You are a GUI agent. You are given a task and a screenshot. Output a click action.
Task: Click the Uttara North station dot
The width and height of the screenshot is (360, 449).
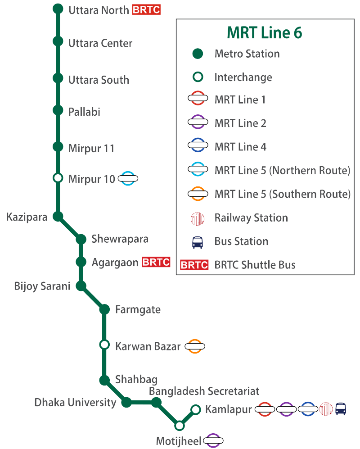pyautogui.click(x=58, y=9)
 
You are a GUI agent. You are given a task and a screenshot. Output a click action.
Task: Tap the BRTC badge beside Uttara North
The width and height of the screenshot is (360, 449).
pyautogui.click(x=146, y=9)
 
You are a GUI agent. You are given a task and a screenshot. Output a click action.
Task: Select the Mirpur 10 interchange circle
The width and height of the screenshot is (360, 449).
pyautogui.click(x=58, y=178)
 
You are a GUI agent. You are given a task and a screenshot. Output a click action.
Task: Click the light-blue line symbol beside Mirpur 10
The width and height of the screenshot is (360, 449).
pyautogui.click(x=128, y=179)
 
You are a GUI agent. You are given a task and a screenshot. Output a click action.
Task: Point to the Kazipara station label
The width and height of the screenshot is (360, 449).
pyautogui.click(x=27, y=217)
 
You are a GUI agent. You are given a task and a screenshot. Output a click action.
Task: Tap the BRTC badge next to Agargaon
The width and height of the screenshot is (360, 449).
pyautogui.click(x=156, y=262)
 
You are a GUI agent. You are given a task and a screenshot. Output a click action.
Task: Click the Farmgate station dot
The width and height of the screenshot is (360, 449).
pyautogui.click(x=104, y=309)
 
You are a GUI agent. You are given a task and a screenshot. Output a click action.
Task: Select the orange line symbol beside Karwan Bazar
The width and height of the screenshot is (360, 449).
pyautogui.click(x=195, y=346)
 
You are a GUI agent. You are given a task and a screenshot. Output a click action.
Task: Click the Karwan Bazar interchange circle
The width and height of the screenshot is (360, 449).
pyautogui.click(x=104, y=345)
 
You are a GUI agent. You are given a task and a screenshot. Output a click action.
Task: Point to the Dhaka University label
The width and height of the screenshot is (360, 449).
pyautogui.click(x=75, y=402)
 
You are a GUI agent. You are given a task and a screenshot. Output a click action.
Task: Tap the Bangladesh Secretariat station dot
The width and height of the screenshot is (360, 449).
pyautogui.click(x=156, y=402)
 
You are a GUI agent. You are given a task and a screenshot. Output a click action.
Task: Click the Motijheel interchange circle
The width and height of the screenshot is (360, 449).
pyautogui.click(x=180, y=425)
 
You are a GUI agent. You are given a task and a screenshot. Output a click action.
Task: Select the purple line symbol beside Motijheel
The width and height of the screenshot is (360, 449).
pyautogui.click(x=214, y=440)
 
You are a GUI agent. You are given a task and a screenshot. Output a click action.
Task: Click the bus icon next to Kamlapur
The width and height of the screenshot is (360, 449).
pyautogui.click(x=341, y=409)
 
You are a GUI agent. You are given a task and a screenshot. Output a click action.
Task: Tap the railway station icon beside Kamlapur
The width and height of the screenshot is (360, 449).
pyautogui.click(x=325, y=409)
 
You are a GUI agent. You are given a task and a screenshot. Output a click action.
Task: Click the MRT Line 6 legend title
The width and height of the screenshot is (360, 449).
pyautogui.click(x=265, y=32)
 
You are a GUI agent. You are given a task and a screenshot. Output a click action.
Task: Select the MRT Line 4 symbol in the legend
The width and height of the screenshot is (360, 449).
pyautogui.click(x=198, y=147)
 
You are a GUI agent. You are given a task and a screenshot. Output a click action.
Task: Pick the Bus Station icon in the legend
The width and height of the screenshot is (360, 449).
pyautogui.click(x=198, y=241)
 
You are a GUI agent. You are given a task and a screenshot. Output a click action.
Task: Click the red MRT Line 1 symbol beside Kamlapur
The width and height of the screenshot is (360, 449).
pyautogui.click(x=265, y=409)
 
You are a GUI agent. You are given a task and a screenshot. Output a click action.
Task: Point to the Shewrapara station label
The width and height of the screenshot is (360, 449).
pyautogui.click(x=120, y=239)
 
